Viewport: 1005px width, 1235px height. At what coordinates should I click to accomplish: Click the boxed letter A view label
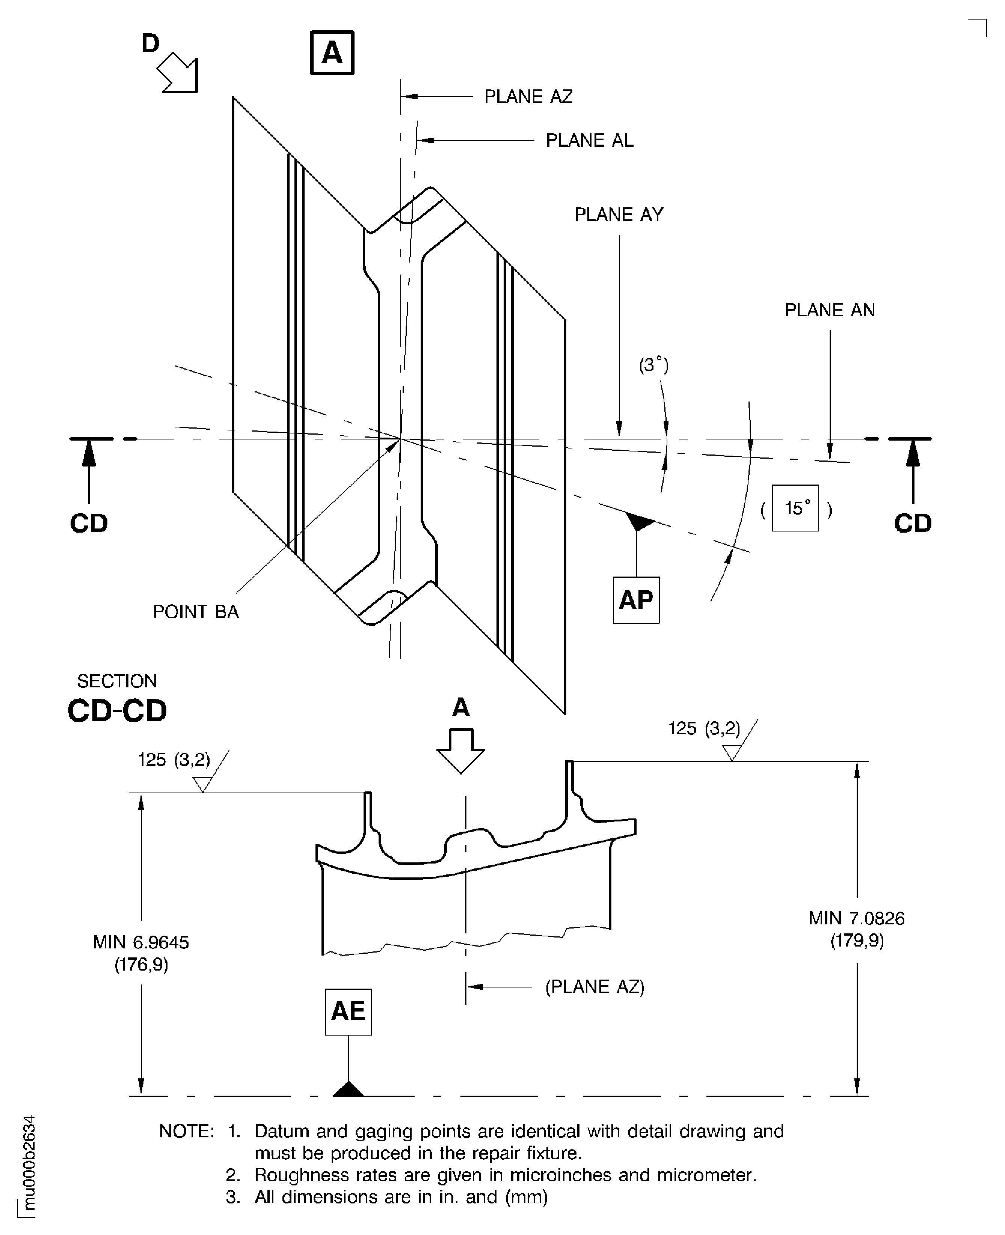click(x=332, y=53)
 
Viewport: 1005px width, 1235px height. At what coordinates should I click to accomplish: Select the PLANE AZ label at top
click(x=528, y=97)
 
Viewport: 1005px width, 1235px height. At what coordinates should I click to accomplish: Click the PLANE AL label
click(x=589, y=141)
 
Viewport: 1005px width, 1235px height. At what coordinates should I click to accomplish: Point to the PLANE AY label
click(x=618, y=215)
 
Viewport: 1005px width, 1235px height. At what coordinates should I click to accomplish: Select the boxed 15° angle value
click(x=795, y=508)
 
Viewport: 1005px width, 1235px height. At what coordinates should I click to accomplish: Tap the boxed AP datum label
click(x=636, y=600)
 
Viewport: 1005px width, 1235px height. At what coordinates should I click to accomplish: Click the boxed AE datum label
click(x=348, y=1011)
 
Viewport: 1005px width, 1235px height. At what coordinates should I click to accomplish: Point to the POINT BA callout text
click(x=196, y=612)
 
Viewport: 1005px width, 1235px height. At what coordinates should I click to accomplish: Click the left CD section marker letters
click(x=89, y=524)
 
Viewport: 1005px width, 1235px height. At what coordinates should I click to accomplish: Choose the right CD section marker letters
click(x=912, y=524)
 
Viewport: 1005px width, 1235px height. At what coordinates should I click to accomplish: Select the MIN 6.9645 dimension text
click(x=141, y=943)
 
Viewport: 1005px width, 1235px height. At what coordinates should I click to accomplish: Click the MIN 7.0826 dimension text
click(x=856, y=918)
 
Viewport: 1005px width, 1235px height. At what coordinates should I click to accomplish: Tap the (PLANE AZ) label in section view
click(x=595, y=987)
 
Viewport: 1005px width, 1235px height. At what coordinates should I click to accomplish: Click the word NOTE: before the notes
click(x=186, y=1131)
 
